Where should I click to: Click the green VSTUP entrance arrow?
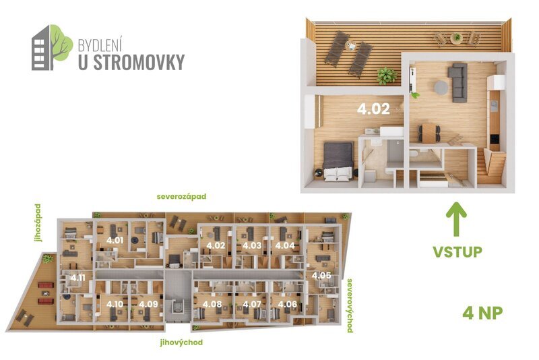click(456, 220)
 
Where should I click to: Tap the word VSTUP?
click(457, 252)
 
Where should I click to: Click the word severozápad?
click(181, 197)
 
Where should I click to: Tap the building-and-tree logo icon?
click(51, 47)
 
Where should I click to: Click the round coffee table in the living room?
click(441, 88)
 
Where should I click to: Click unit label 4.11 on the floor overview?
click(77, 278)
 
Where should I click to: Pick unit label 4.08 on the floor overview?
click(212, 304)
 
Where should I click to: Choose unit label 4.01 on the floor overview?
click(115, 240)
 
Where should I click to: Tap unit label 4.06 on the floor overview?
click(287, 304)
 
